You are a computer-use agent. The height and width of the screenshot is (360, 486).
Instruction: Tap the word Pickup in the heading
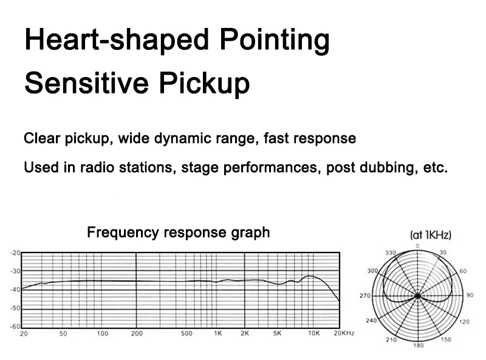(204, 83)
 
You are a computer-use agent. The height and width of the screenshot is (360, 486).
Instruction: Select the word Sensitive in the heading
(86, 83)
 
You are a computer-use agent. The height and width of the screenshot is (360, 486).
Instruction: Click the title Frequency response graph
(178, 232)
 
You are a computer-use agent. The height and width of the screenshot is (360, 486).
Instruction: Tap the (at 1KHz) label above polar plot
(431, 235)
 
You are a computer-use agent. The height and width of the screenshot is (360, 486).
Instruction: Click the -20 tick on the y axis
(15, 253)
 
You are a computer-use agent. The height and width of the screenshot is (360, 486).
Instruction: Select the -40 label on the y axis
(15, 290)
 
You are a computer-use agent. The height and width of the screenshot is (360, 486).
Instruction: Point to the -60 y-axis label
(15, 327)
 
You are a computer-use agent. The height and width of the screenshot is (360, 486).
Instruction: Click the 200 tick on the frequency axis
(137, 333)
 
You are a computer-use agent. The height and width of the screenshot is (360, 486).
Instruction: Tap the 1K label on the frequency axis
(218, 333)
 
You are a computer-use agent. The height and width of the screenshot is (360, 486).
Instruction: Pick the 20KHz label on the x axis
(344, 333)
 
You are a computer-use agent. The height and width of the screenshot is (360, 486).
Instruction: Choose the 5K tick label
(278, 333)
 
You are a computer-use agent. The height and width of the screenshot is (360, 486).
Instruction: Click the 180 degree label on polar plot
(419, 345)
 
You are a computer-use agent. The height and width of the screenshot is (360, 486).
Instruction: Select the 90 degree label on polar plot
(470, 295)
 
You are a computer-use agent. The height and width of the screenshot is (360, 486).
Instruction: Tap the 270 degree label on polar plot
(365, 296)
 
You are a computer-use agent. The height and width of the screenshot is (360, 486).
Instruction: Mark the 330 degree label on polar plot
(391, 253)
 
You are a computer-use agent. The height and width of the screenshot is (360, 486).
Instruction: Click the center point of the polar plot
(418, 296)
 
